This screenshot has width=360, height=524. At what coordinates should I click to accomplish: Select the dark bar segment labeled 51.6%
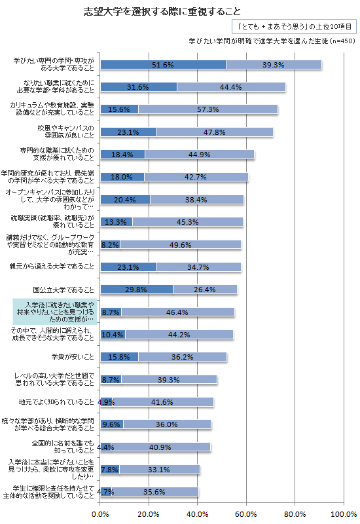pyautogui.click(x=162, y=65)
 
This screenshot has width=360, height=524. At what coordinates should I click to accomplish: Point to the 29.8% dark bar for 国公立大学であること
pyautogui.click(x=136, y=290)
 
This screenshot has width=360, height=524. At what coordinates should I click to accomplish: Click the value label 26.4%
pyautogui.click(x=205, y=290)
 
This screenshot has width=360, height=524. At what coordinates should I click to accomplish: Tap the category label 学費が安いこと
pyautogui.click(x=73, y=356)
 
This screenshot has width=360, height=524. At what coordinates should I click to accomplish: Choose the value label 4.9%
pyautogui.click(x=105, y=402)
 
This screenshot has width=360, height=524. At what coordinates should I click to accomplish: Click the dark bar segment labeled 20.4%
pyautogui.click(x=124, y=199)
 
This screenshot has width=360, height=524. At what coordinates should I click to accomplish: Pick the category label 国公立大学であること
pyautogui.click(x=64, y=290)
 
